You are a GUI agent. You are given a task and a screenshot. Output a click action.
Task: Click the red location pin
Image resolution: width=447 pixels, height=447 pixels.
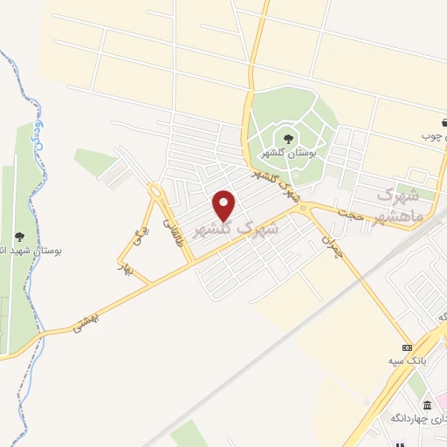point(225,205)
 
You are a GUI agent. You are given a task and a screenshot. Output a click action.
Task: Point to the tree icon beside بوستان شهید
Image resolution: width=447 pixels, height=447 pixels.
point(18,236)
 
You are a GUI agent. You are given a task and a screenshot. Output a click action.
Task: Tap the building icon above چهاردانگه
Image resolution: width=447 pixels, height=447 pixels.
point(426,405)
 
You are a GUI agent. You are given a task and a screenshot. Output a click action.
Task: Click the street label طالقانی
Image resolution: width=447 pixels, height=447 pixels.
point(182,226)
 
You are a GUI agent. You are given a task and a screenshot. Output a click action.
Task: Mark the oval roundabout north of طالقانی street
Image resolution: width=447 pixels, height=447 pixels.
point(156,189)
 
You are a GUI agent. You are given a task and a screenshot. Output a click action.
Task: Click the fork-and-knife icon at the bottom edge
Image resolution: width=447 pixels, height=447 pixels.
point(401,441)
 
